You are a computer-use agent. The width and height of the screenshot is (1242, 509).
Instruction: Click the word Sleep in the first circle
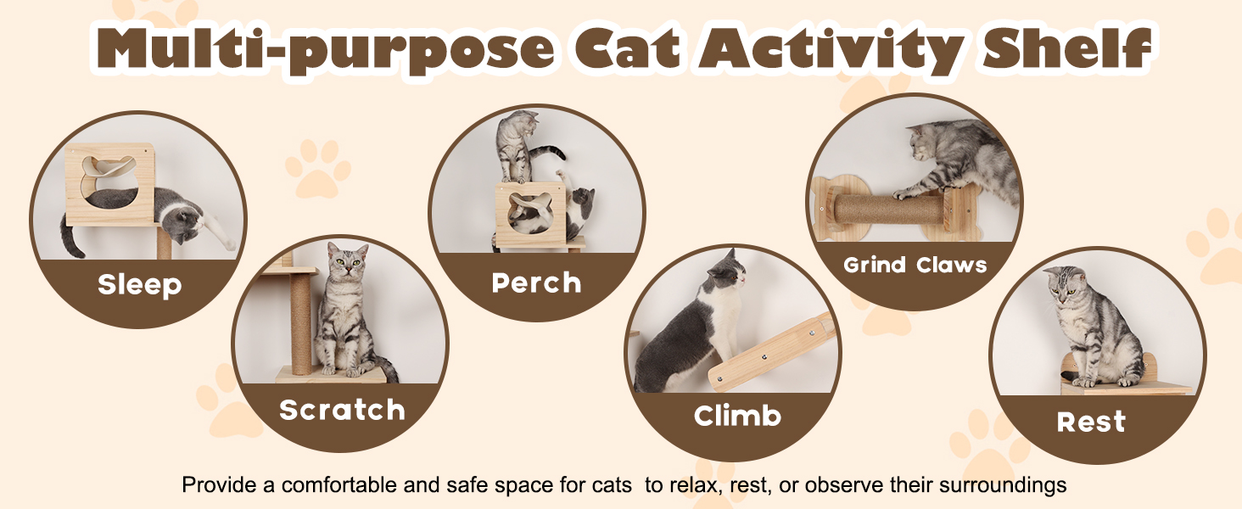(140, 285)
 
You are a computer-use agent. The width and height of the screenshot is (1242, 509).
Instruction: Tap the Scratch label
(342, 411)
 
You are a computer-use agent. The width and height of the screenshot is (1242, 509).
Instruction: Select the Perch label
(536, 282)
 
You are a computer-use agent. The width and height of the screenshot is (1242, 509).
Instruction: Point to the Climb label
(737, 416)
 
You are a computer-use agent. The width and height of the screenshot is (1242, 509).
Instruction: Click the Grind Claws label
(915, 265)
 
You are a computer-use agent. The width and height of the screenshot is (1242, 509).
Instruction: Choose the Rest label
(1091, 422)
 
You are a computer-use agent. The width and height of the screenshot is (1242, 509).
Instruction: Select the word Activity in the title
(831, 49)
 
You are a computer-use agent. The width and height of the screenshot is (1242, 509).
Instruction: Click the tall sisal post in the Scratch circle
(300, 324)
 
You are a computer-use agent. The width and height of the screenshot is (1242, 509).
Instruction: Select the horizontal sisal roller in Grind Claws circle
(889, 209)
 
